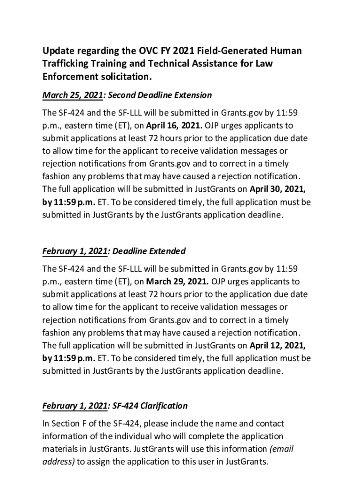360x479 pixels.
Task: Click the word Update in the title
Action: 59,51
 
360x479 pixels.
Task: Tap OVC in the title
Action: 149,51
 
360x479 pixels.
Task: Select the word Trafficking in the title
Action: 66,63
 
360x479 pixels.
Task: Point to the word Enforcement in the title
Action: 70,76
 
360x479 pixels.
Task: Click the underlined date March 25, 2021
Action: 72,95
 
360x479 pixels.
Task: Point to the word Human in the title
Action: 287,51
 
